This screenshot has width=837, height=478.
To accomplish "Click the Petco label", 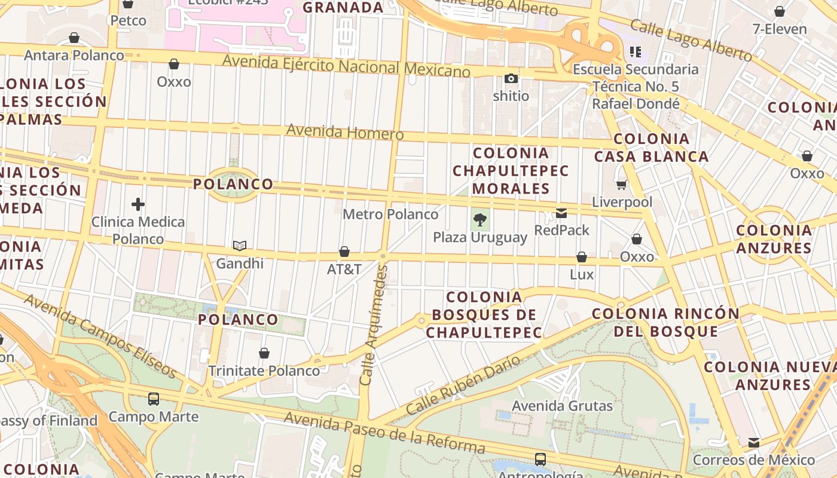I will click(x=128, y=21).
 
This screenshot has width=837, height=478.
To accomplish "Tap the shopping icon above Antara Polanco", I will click(x=74, y=38).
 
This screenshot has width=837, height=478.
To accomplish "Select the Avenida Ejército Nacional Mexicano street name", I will click(x=346, y=65).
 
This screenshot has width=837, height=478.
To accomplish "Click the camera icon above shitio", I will click(x=511, y=78).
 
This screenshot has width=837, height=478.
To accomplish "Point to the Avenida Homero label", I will click(x=345, y=131).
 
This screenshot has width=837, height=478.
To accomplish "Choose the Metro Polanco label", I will click(x=390, y=214).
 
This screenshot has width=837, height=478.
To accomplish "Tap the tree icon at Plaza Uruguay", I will click(x=479, y=219).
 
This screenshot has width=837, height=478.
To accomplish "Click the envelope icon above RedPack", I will click(x=561, y=213).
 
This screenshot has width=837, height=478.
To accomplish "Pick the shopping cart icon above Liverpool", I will click(x=622, y=185).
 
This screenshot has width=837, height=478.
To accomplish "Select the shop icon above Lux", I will click(x=582, y=257).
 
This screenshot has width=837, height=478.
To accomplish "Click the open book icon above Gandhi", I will click(x=240, y=246).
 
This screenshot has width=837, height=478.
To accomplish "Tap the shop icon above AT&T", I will click(x=344, y=252).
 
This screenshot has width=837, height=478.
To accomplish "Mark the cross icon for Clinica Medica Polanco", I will click(x=138, y=204).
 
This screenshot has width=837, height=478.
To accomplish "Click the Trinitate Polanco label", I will click(x=264, y=370).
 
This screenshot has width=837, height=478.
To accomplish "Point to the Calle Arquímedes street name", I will click(x=374, y=326).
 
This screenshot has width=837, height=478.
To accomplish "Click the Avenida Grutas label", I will click(x=562, y=406).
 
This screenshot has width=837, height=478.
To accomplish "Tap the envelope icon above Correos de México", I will click(x=754, y=443).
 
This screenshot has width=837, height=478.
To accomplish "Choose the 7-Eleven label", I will click(x=779, y=29).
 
